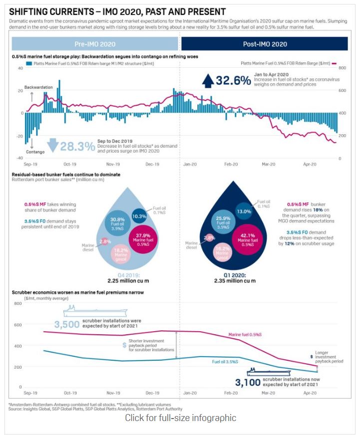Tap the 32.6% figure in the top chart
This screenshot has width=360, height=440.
pos(233,80)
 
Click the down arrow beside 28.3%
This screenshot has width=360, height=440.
pos(52,145)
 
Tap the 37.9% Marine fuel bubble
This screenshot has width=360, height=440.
pos(144,239)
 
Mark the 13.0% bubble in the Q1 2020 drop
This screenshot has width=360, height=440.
pos(244,211)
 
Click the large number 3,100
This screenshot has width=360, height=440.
pos(249,382)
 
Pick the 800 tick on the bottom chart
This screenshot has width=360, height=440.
pos(17,303)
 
